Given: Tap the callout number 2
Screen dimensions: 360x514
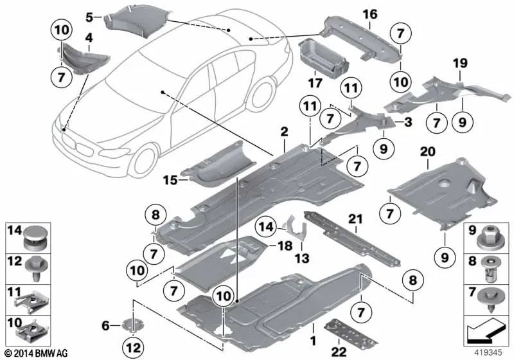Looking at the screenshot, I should (283, 132).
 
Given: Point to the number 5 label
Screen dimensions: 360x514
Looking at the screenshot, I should (89, 16).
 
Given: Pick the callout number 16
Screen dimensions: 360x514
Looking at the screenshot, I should (371, 14).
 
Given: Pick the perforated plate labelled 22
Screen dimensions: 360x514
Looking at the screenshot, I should (342, 328).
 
